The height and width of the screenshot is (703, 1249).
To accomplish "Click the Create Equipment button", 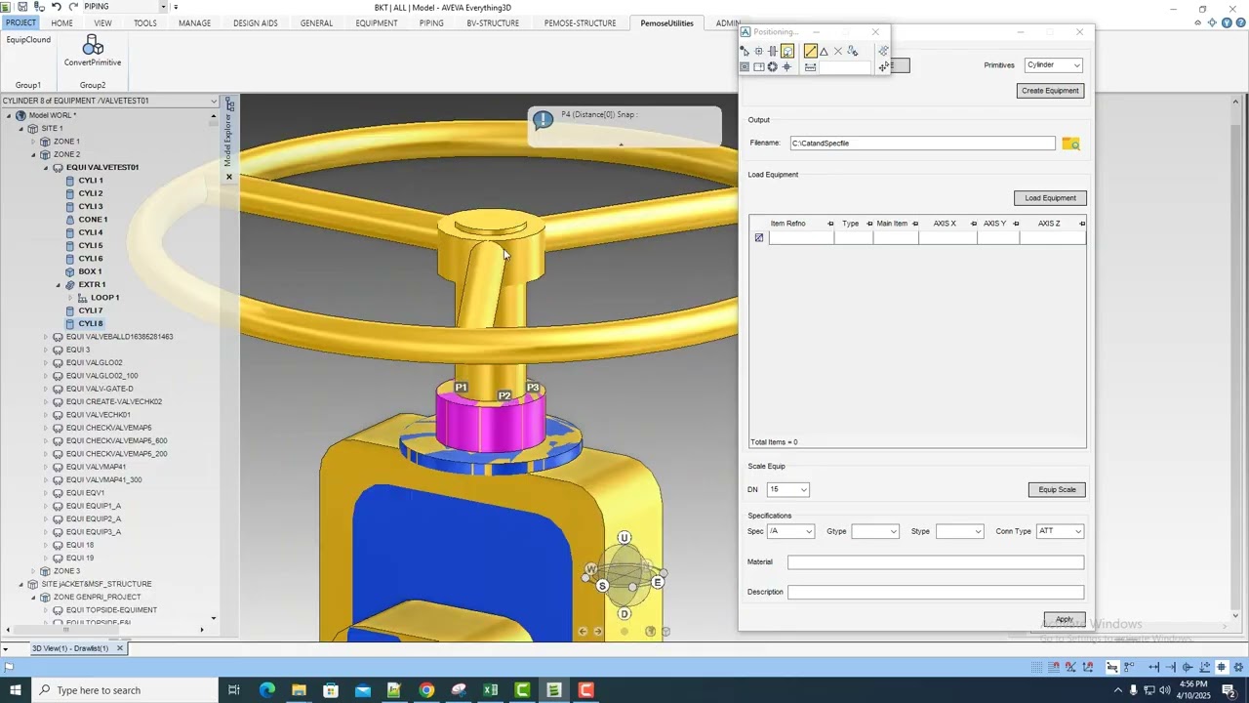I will pyautogui.click(x=1050, y=91).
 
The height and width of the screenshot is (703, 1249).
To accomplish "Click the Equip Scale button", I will pyautogui.click(x=1056, y=489).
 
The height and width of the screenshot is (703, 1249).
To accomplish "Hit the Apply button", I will pyautogui.click(x=1064, y=619).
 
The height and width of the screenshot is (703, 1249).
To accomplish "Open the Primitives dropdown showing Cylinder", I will pyautogui.click(x=1054, y=65).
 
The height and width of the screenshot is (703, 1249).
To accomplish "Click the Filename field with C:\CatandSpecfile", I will pyautogui.click(x=922, y=144).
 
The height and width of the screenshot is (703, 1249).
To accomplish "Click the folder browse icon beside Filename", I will pyautogui.click(x=1070, y=144).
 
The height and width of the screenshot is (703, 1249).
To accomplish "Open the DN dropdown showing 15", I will pyautogui.click(x=788, y=489).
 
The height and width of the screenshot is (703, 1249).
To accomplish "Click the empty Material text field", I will pyautogui.click(x=935, y=562).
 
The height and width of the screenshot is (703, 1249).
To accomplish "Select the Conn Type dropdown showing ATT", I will pyautogui.click(x=1060, y=531).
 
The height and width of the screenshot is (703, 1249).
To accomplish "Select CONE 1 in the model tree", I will pyautogui.click(x=93, y=220).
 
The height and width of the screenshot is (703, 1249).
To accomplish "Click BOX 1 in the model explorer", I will pyautogui.click(x=90, y=271).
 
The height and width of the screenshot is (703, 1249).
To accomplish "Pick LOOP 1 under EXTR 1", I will pyautogui.click(x=104, y=298).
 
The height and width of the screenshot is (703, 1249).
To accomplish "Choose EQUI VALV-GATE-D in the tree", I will pyautogui.click(x=100, y=389).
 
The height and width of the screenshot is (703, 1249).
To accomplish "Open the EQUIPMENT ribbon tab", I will pyautogui.click(x=376, y=23).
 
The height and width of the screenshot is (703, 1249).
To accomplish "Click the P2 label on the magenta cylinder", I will pyautogui.click(x=504, y=395).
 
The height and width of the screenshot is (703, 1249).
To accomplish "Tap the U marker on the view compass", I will pyautogui.click(x=624, y=538).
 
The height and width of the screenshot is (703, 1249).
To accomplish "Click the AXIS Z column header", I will pyautogui.click(x=1049, y=224).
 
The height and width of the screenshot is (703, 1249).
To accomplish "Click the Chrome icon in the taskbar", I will pyautogui.click(x=426, y=690).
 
